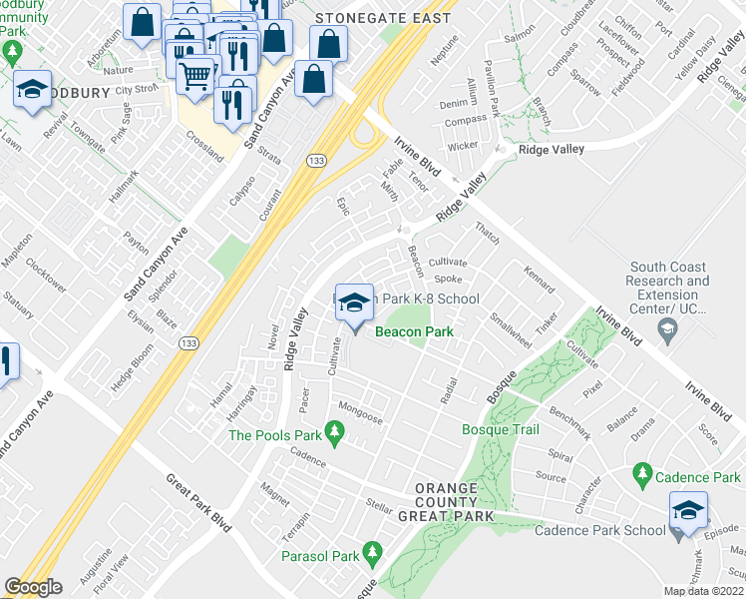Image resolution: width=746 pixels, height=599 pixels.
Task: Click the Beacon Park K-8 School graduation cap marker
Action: pyautogui.click(x=353, y=302)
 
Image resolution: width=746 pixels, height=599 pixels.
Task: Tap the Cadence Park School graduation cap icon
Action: pyautogui.click(x=688, y=510)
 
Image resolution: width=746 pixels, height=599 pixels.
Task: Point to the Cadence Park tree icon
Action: pyautogui.click(x=642, y=474)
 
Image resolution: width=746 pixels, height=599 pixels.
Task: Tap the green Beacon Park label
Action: pyautogui.click(x=413, y=332)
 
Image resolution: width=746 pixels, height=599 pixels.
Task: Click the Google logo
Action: pyautogui.click(x=33, y=587)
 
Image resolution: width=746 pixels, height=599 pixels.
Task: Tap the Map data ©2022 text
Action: pyautogui.click(x=703, y=591)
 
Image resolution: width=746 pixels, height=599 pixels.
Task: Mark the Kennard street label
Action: pyautogui.click(x=540, y=281)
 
